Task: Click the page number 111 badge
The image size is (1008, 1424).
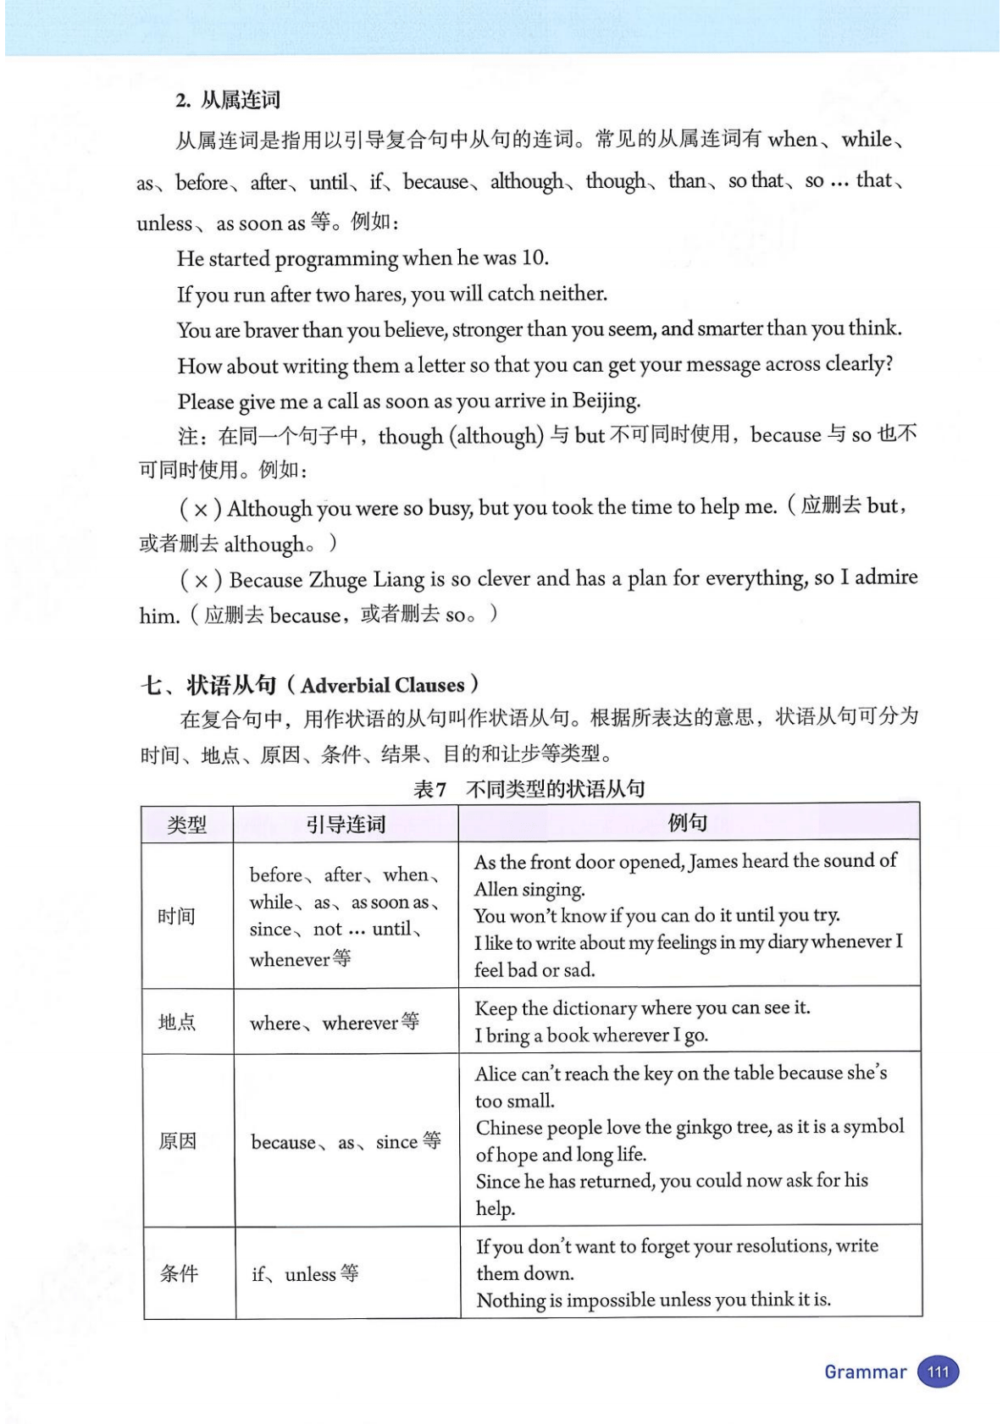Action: [938, 1372]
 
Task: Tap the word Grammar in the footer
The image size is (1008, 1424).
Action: [865, 1372]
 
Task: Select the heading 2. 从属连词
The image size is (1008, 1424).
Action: [228, 100]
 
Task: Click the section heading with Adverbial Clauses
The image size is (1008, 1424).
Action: [310, 684]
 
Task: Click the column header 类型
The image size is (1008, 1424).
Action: [187, 824]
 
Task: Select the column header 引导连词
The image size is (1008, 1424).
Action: [346, 824]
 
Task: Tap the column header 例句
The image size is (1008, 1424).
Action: [688, 822]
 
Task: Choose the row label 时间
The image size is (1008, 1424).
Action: [176, 915]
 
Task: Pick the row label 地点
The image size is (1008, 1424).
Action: [177, 1022]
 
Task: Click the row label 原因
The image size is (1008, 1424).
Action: [177, 1141]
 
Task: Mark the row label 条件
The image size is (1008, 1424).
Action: [179, 1273]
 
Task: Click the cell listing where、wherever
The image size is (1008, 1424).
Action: [334, 1023]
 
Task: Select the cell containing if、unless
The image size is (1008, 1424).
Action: [305, 1273]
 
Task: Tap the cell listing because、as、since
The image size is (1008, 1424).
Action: [346, 1142]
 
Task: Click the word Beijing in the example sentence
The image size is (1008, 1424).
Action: [606, 400]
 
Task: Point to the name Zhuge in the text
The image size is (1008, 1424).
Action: [338, 580]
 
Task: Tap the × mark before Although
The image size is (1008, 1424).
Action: [201, 510]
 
